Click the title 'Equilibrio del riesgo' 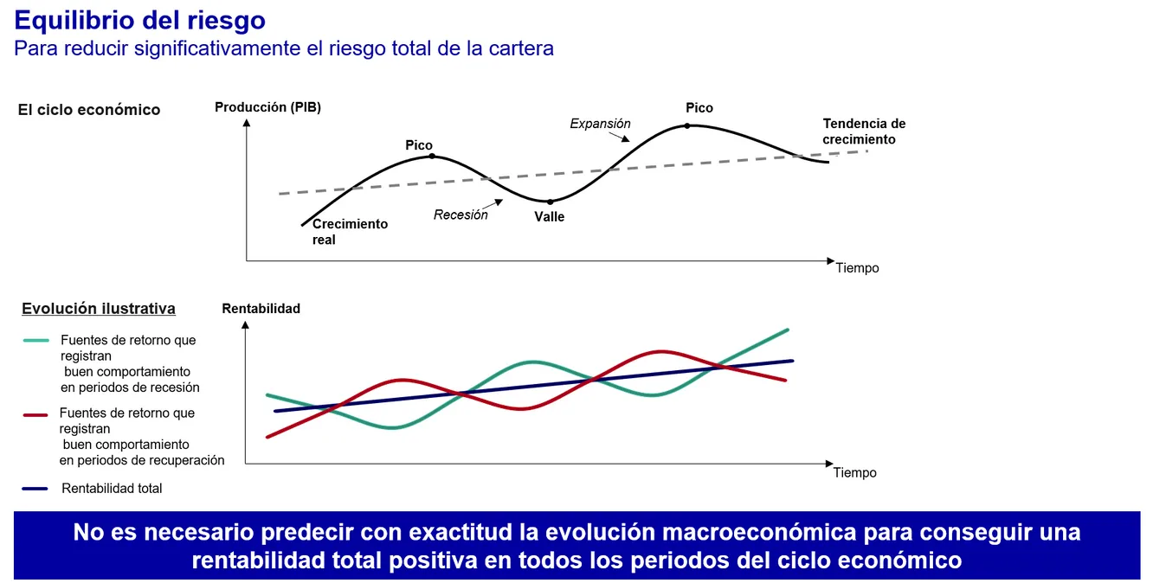[x=140, y=20]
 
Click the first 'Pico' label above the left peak [x=419, y=145]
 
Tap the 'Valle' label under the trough [x=549, y=217]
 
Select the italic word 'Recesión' [x=461, y=215]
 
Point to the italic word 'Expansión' [x=600, y=124]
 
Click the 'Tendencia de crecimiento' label [x=863, y=131]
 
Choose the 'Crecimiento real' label [x=350, y=232]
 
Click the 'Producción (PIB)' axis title [x=267, y=108]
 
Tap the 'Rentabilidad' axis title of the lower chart [x=261, y=309]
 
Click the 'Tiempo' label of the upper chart [x=857, y=268]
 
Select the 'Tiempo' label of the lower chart [x=855, y=473]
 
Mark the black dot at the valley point [x=550, y=202]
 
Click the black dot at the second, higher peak [x=687, y=125]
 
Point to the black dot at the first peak [x=432, y=157]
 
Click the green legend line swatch [x=35, y=340]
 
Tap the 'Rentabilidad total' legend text [x=112, y=489]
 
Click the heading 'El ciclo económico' [x=89, y=110]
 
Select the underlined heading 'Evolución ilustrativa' [x=99, y=309]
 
